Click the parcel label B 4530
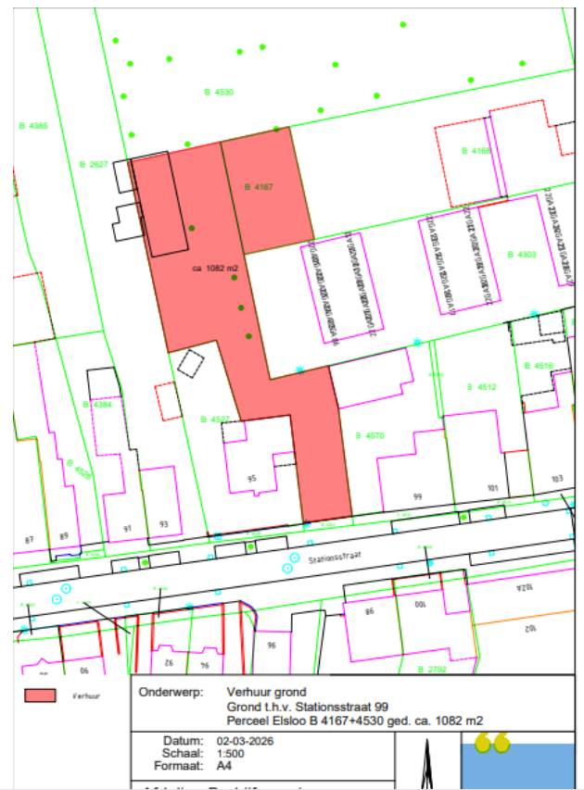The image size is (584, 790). pyautogui.click(x=218, y=92)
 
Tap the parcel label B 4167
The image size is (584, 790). pyautogui.click(x=259, y=187)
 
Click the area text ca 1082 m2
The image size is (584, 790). pyautogui.click(x=215, y=269)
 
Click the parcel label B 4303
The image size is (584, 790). pyautogui.click(x=522, y=254)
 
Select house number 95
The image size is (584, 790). pyautogui.click(x=251, y=479)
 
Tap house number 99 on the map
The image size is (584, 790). pyautogui.click(x=417, y=497)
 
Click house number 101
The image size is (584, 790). pyautogui.click(x=492, y=487)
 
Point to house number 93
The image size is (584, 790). pyautogui.click(x=164, y=524)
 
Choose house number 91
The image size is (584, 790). pyautogui.click(x=128, y=529)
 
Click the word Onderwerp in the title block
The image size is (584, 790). pyautogui.click(x=169, y=691)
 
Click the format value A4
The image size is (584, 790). pyautogui.click(x=222, y=767)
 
